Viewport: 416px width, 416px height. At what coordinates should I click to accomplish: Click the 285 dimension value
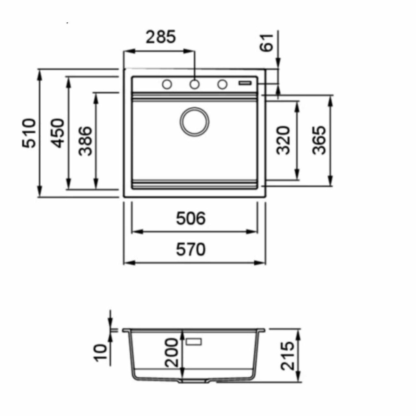(161, 37)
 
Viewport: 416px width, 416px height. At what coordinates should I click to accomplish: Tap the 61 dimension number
(266, 42)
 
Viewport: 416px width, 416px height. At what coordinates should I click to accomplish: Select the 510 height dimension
(29, 133)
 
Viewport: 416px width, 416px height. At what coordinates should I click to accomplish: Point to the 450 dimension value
(58, 133)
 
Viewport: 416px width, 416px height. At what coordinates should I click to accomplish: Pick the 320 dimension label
(283, 140)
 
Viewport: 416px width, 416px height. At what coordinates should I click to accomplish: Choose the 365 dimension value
(318, 140)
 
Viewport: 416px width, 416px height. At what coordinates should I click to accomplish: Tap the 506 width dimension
(191, 218)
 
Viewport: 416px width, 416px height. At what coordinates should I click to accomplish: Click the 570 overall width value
(191, 249)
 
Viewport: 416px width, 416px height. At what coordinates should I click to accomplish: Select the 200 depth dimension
(171, 353)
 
